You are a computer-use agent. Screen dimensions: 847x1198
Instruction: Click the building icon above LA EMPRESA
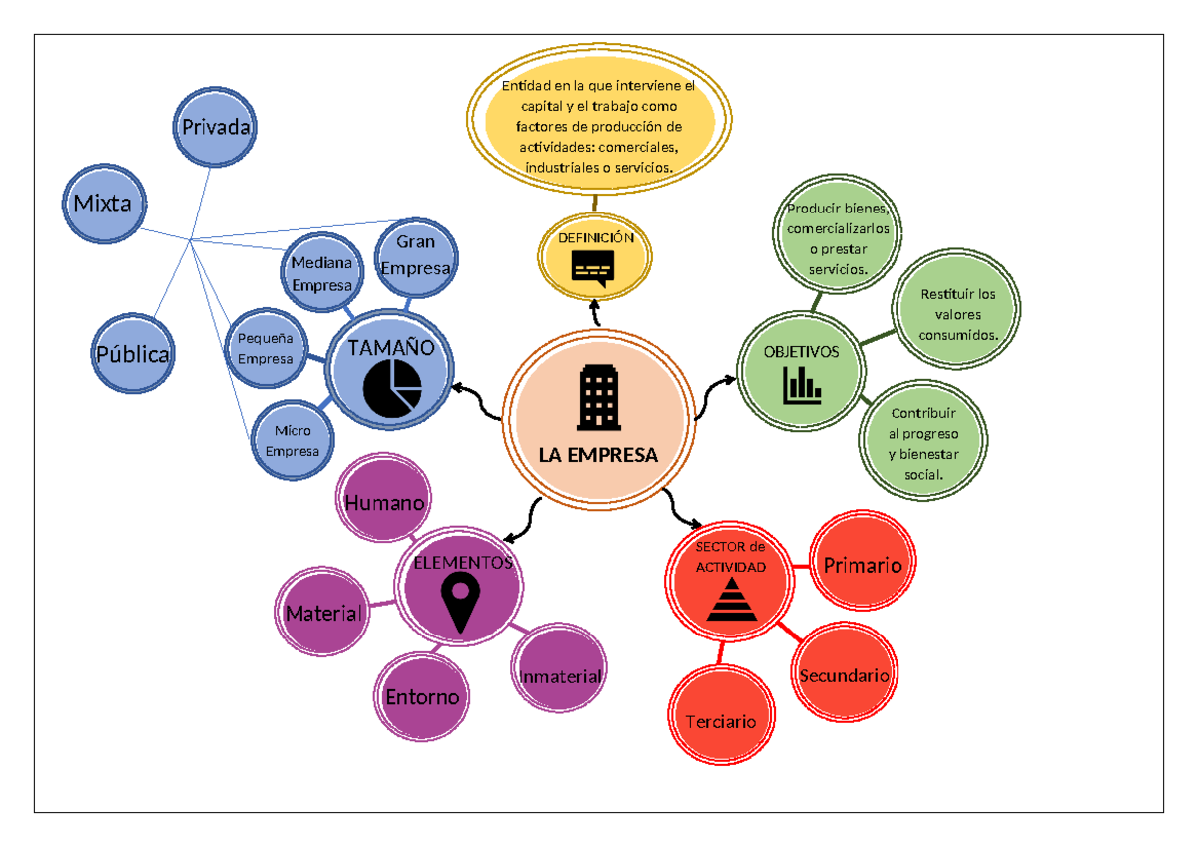click(x=598, y=397)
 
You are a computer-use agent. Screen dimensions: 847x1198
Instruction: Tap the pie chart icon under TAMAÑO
click(x=392, y=389)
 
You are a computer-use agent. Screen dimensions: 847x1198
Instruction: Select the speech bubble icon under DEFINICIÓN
click(x=593, y=267)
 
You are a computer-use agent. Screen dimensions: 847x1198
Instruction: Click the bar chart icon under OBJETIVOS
click(x=801, y=385)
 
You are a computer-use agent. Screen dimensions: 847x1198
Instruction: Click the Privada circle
click(x=215, y=127)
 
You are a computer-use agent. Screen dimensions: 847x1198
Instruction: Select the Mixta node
click(x=102, y=203)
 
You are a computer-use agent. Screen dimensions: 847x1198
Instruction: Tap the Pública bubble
click(x=133, y=354)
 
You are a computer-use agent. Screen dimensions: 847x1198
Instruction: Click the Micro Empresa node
click(x=293, y=441)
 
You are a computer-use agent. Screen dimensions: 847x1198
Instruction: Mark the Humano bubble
click(x=384, y=503)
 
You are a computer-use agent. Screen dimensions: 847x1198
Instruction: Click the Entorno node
click(x=422, y=696)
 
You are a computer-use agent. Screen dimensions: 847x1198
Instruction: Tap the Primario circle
click(x=862, y=565)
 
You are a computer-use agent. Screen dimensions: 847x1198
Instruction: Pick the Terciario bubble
click(x=720, y=720)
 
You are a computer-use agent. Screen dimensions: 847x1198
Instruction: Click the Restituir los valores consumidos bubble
click(x=958, y=314)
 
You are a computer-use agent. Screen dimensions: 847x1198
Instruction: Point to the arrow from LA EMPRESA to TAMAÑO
click(x=476, y=399)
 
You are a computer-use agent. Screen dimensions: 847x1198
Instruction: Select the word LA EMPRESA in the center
click(x=598, y=455)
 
